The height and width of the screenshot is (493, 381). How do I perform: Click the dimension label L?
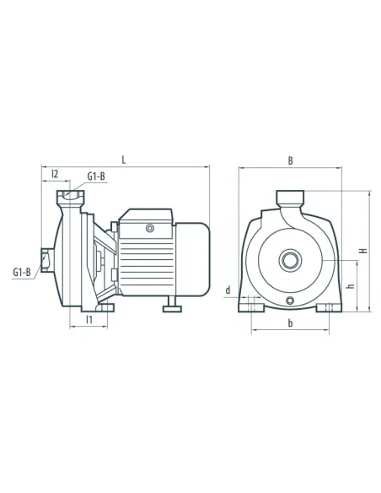(x=124, y=160)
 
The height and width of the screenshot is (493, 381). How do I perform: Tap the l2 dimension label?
(x=55, y=174)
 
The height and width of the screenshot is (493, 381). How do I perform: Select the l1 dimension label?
(x=89, y=320)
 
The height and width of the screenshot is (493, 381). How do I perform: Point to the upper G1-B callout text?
(x=96, y=176)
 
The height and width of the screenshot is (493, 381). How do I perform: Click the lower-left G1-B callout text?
(x=22, y=272)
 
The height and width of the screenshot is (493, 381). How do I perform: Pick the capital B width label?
(x=291, y=160)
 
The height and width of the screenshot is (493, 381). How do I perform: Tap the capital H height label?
(x=364, y=251)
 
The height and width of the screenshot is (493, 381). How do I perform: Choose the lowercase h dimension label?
(x=351, y=286)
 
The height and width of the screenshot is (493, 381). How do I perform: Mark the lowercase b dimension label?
(x=290, y=323)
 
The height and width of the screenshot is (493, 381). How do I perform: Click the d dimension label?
(x=228, y=290)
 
